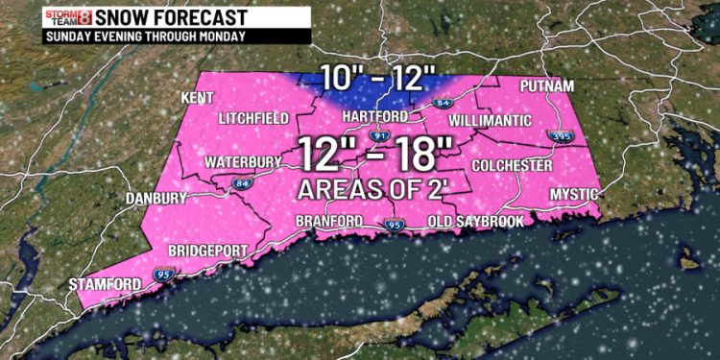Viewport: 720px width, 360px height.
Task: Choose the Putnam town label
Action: point(548,87)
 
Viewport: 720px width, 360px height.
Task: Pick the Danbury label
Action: point(155,199)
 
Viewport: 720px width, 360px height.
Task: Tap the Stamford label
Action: point(105,283)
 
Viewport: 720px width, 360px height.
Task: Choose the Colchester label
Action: point(512,166)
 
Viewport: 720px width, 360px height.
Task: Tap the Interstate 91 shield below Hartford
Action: point(378,137)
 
